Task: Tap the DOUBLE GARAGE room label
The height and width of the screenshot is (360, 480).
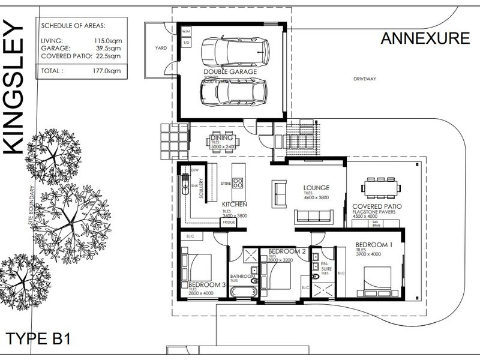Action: [230, 71]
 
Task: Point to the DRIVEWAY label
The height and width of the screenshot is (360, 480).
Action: [364, 79]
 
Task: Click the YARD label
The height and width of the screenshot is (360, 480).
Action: [160, 48]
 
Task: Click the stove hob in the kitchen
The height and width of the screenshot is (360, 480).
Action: [238, 182]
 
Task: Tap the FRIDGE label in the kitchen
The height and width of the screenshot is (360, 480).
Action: [229, 223]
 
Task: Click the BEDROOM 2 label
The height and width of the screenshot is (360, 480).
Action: [288, 251]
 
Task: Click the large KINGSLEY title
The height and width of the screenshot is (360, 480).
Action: [14, 90]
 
